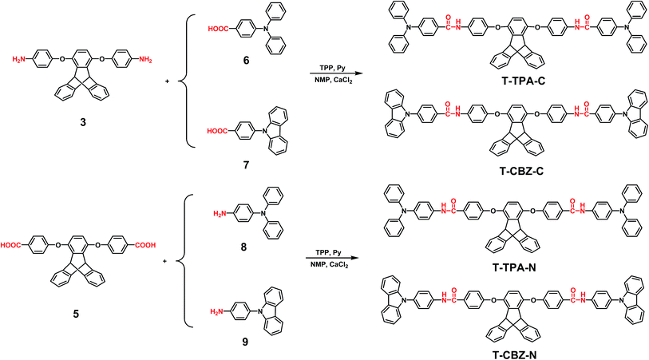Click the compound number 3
(x=83, y=122)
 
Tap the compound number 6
(x=247, y=61)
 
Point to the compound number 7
(x=247, y=165)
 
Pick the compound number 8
(x=243, y=247)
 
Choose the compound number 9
(x=245, y=342)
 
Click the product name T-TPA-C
(x=524, y=81)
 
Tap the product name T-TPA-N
(x=514, y=267)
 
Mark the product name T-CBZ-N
(x=514, y=354)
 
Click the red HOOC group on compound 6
(x=218, y=29)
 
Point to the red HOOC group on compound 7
(x=217, y=131)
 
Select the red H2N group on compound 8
(x=220, y=214)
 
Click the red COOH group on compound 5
(x=145, y=245)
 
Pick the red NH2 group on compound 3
(x=145, y=60)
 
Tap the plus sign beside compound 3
(x=167, y=81)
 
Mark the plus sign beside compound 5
(x=164, y=261)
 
